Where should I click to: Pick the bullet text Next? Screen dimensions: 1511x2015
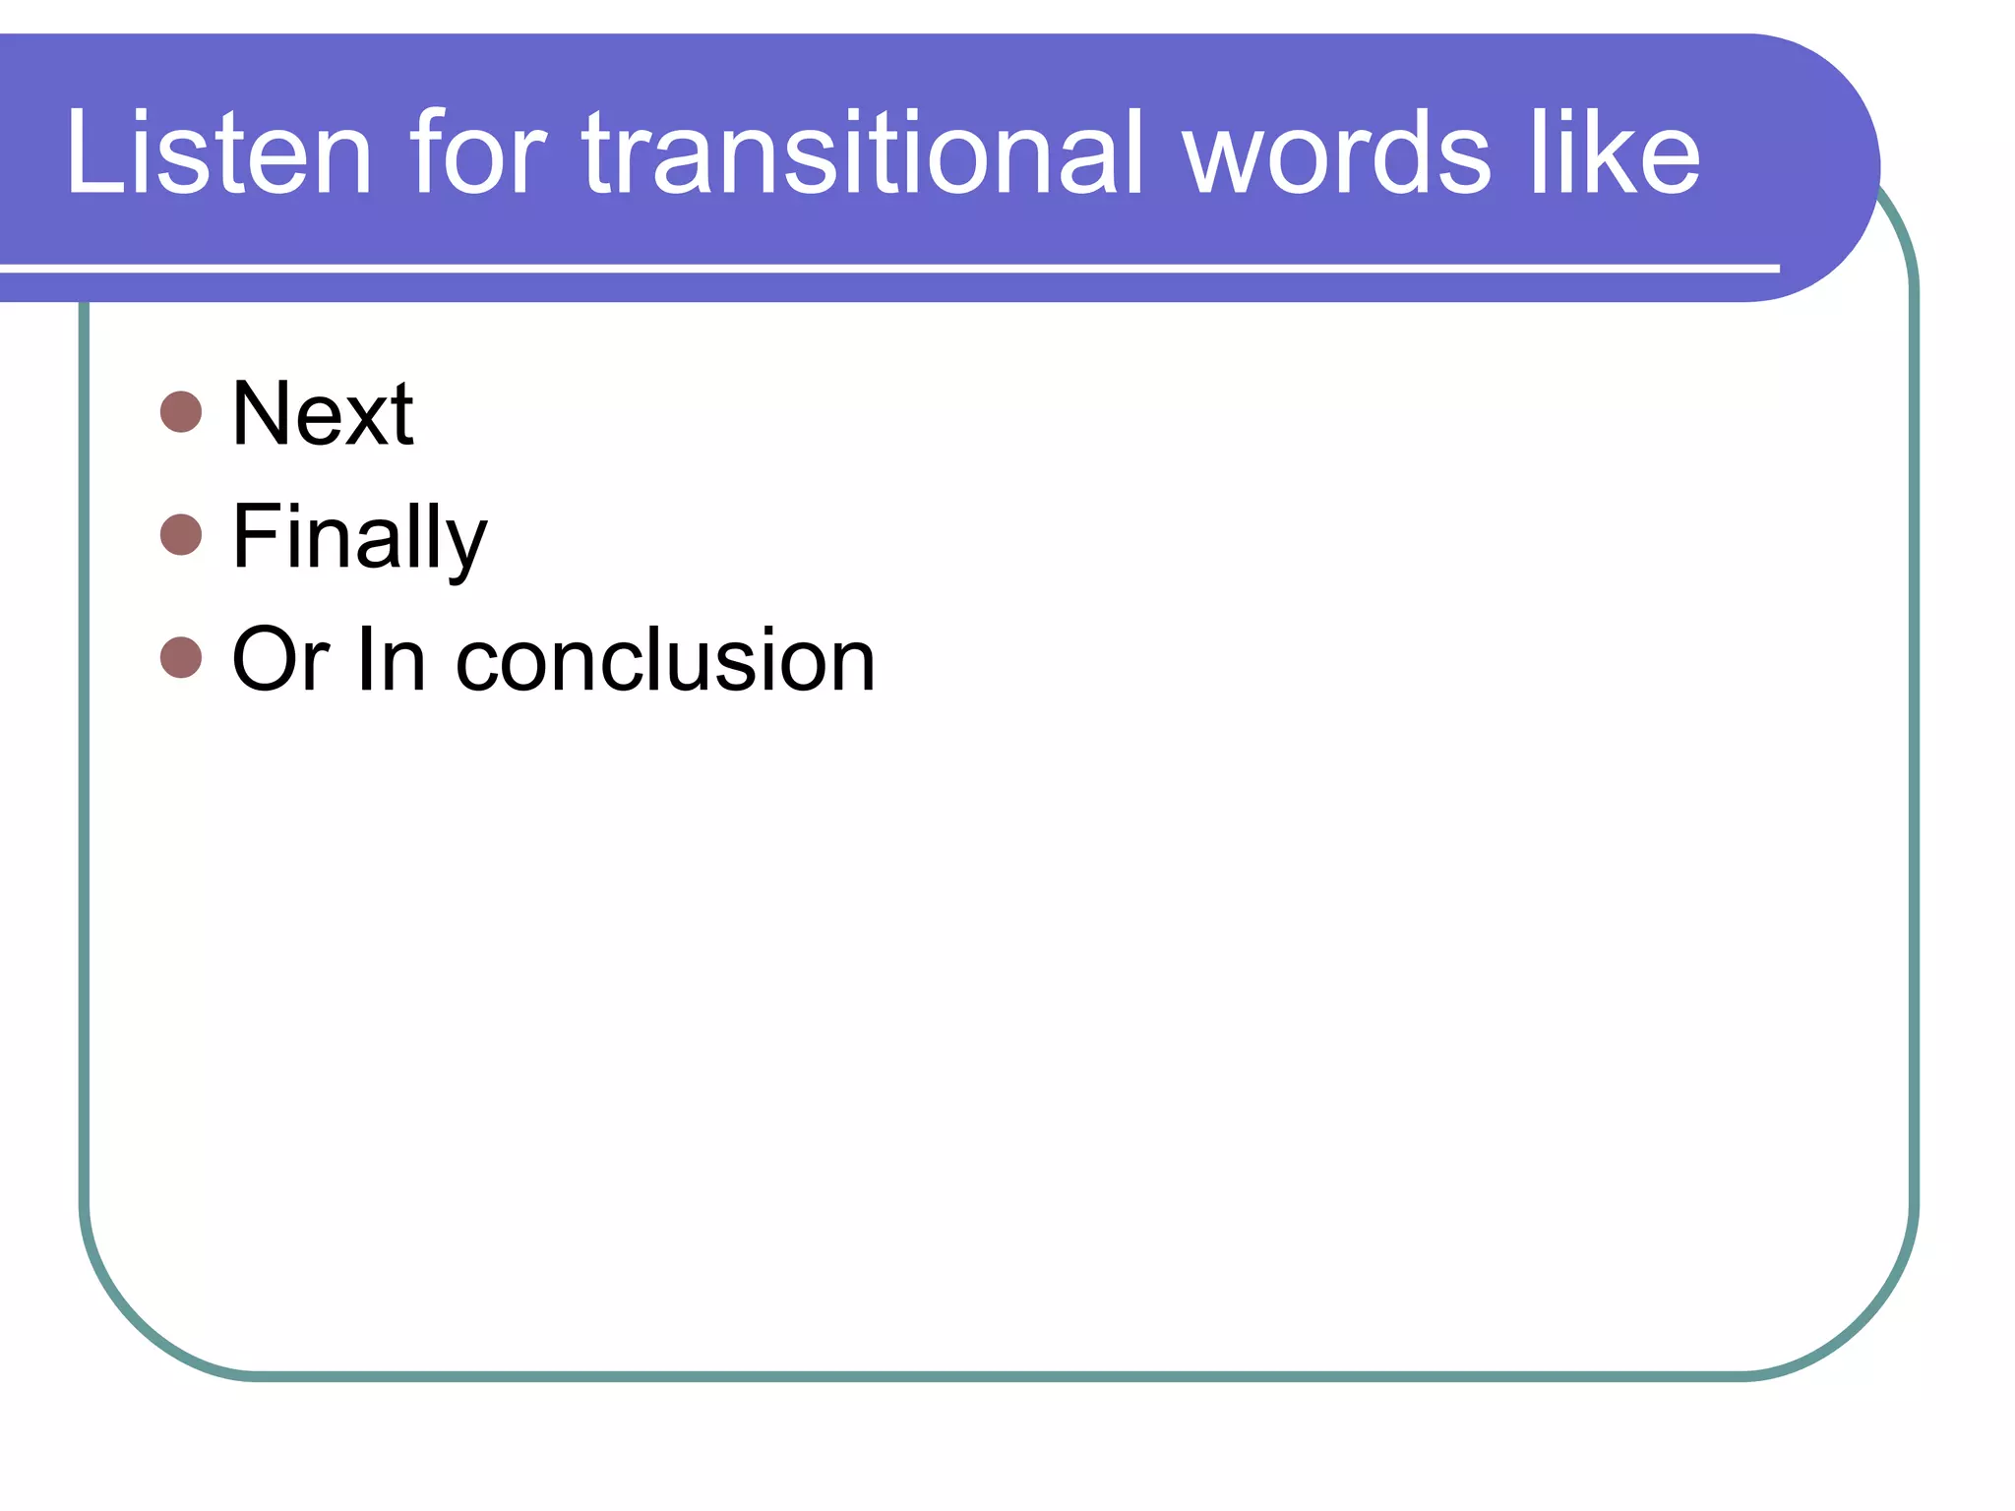coord(323,414)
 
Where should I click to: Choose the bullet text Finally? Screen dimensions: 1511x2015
coord(359,537)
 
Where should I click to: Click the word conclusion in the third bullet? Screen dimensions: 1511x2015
coord(665,660)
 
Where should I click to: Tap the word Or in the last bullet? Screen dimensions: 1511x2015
coord(280,660)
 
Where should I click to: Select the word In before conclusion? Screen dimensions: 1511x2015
coord(392,660)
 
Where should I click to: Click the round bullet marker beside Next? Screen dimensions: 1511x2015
coord(181,412)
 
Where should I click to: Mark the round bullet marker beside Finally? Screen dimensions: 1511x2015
coord(181,535)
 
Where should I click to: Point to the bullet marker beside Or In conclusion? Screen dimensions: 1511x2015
coord(181,658)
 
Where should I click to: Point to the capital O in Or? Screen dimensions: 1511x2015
coord(265,660)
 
